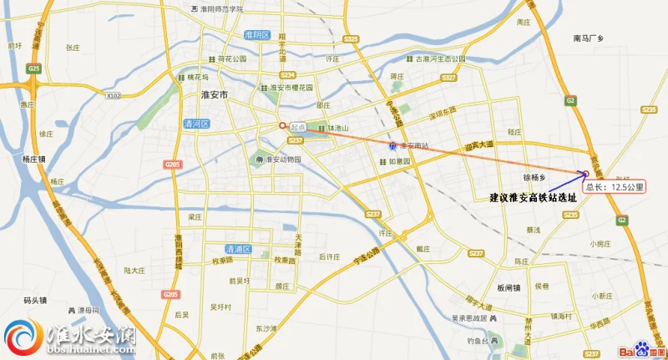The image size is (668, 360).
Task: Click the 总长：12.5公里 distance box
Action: [614, 187]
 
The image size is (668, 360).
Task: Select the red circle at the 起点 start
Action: [282, 125]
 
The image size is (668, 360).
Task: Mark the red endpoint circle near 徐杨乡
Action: [585, 174]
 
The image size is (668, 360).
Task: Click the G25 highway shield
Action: [33, 68]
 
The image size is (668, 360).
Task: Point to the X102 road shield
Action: [114, 96]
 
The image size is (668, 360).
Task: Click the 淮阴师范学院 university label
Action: [222, 8]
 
